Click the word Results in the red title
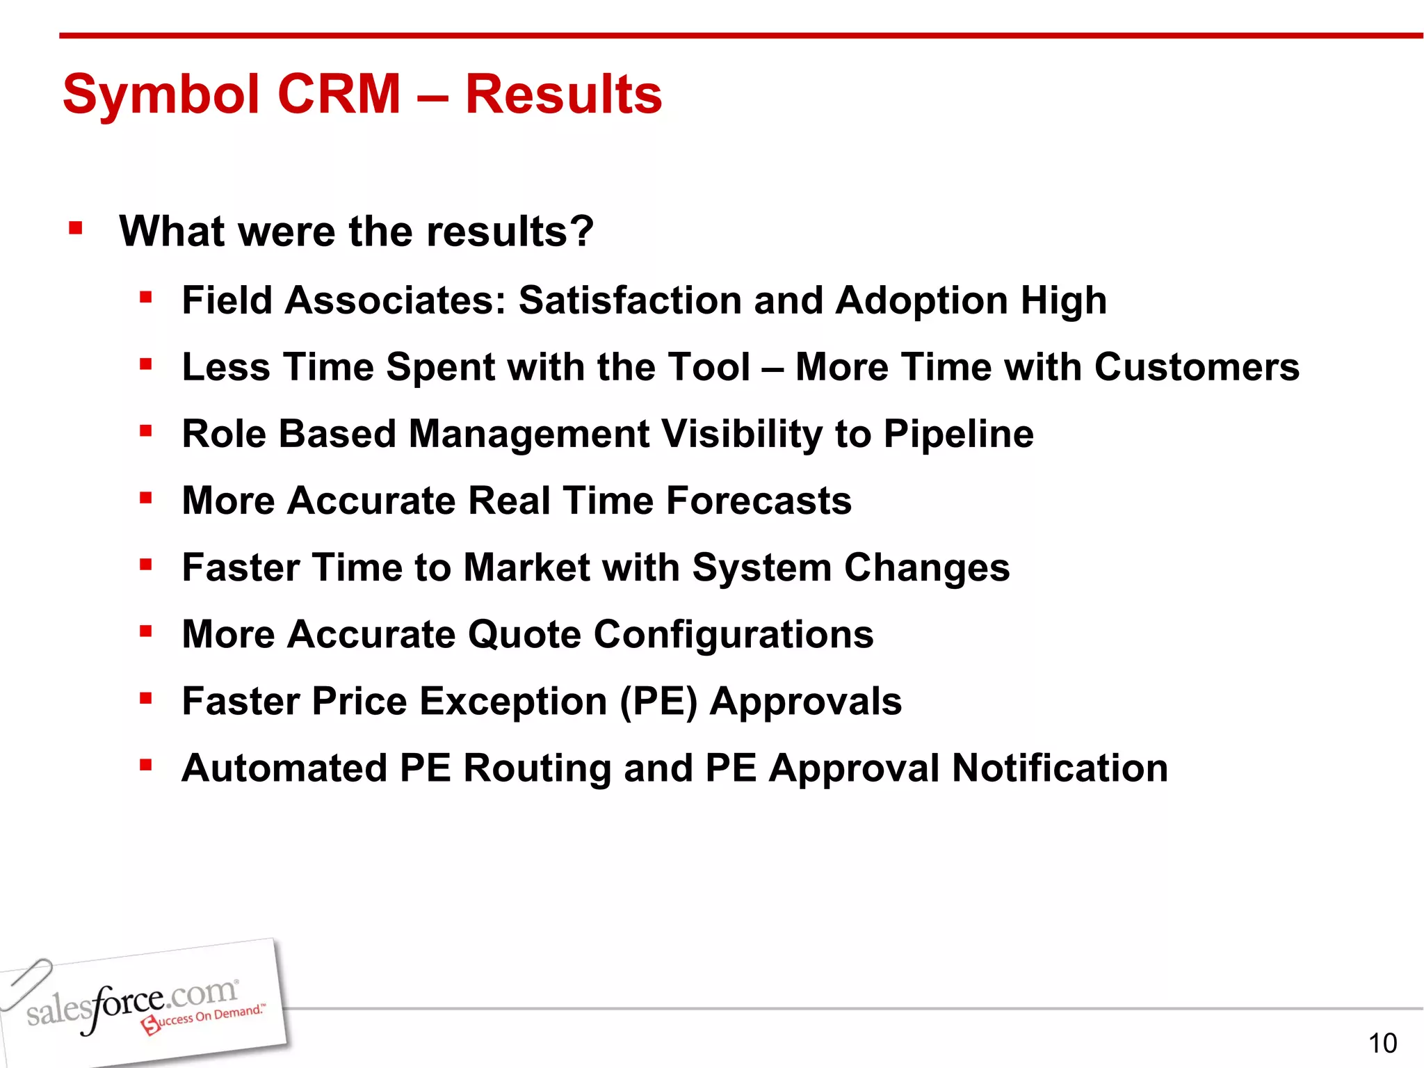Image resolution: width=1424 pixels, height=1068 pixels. click(563, 95)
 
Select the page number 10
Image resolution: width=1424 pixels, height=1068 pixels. click(1382, 1044)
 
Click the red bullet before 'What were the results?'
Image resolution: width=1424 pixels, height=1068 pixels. click(76, 228)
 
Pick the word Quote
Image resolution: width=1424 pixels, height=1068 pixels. click(524, 636)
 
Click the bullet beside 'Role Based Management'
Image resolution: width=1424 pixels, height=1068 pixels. click(145, 431)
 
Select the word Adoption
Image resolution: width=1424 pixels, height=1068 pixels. click(921, 301)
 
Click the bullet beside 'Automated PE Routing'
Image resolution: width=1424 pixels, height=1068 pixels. click(145, 766)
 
